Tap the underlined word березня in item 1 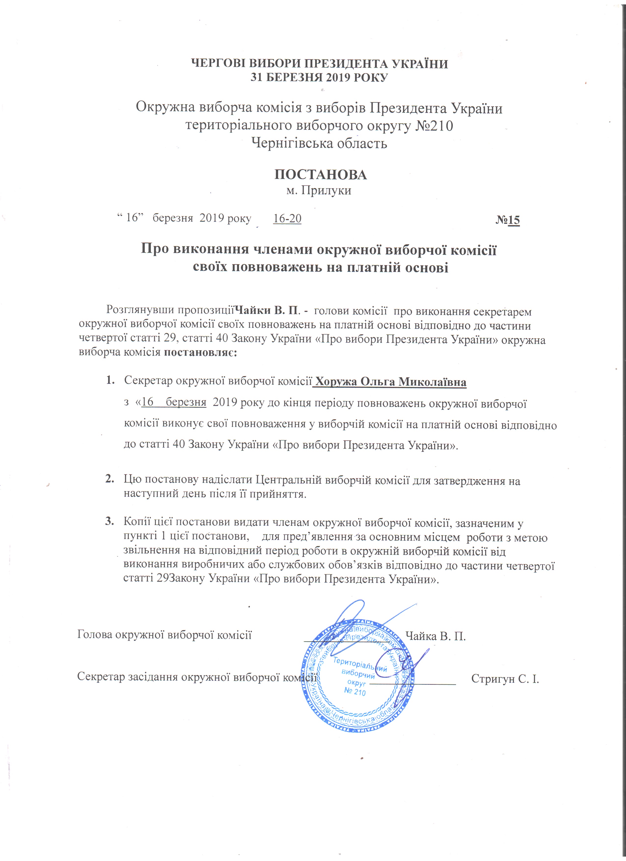(186, 403)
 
